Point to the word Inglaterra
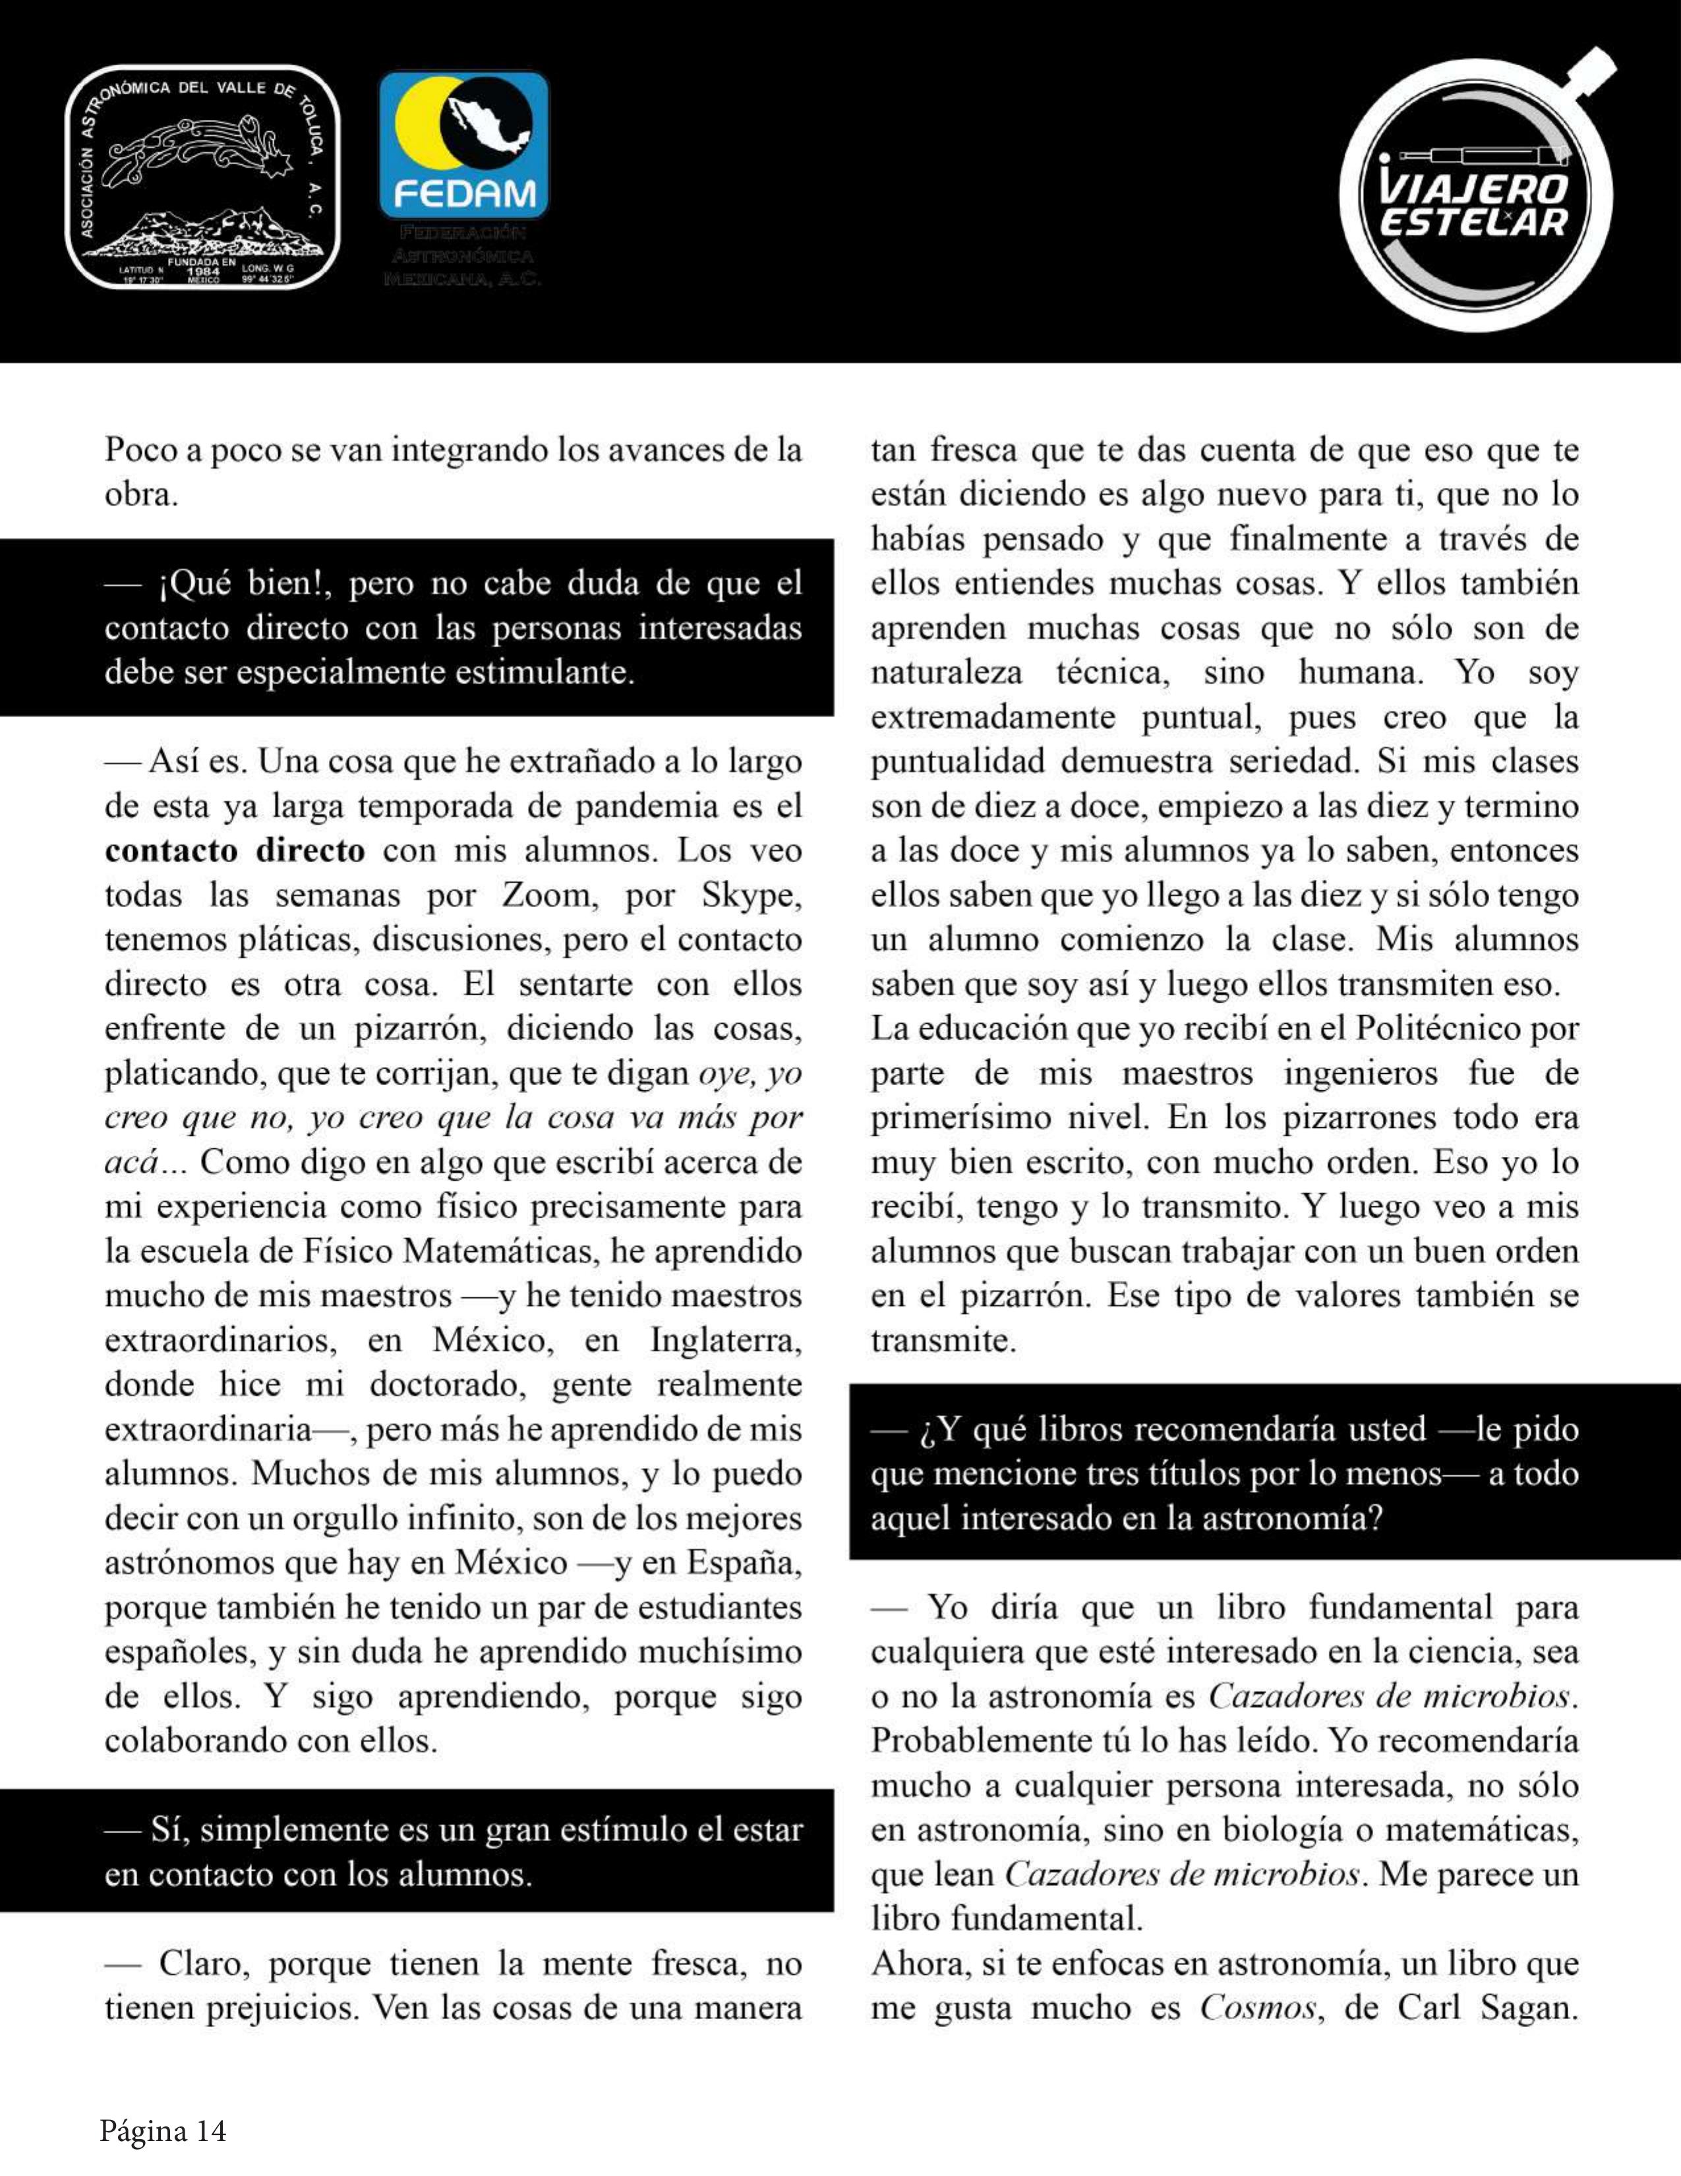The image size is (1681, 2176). tap(725, 1340)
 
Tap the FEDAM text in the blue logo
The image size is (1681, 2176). tap(464, 193)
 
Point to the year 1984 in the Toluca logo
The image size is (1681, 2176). tap(202, 271)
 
